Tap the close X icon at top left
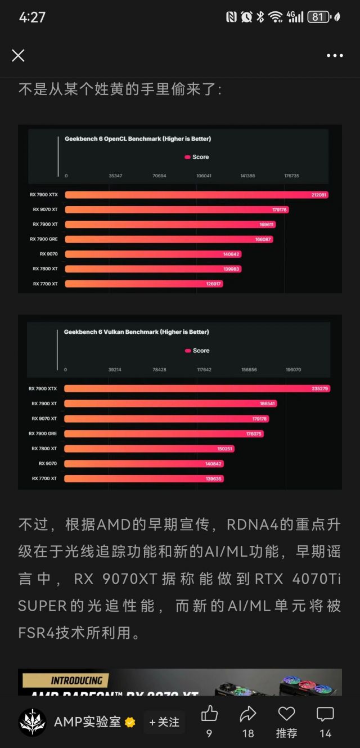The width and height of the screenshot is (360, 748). (18, 55)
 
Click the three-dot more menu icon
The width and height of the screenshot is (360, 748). (335, 55)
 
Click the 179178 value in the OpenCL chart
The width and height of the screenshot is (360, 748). (280, 209)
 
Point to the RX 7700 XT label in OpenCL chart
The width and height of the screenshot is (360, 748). (45, 284)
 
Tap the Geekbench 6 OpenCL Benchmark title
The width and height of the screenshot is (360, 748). (138, 138)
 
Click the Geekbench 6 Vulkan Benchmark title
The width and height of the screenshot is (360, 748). (137, 332)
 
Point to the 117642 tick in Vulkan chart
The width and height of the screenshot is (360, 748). (204, 370)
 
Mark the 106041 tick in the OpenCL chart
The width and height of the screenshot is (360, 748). (204, 176)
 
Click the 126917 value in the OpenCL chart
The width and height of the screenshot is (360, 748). (214, 284)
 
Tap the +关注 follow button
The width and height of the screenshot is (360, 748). (164, 722)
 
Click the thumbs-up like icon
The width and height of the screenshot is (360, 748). (209, 714)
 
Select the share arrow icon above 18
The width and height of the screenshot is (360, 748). (248, 714)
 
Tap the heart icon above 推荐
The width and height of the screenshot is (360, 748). (286, 714)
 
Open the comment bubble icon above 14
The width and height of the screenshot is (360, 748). (325, 714)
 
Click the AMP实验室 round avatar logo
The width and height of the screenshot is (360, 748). (32, 722)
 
